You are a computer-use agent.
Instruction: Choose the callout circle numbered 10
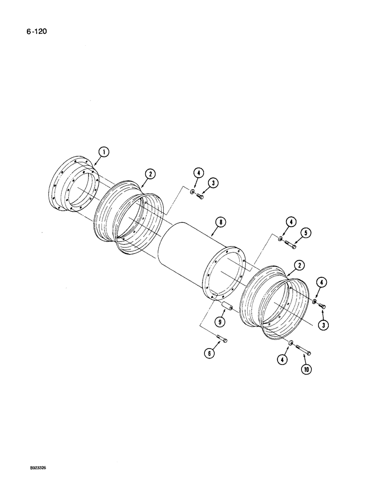click(304, 371)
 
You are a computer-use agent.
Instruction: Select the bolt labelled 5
click(290, 245)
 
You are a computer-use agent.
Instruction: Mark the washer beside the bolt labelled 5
click(282, 241)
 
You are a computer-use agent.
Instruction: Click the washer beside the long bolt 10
click(290, 343)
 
